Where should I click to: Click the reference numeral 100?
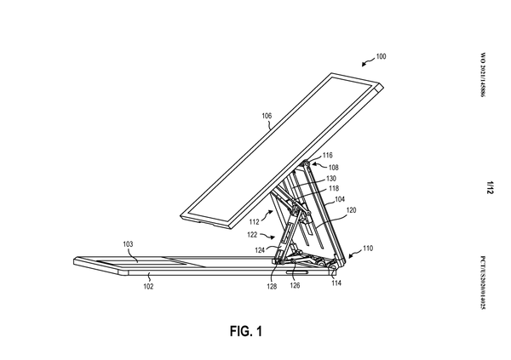click(x=380, y=57)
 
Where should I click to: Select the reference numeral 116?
click(x=328, y=155)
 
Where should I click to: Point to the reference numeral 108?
click(x=334, y=168)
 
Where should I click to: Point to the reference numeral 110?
click(x=367, y=250)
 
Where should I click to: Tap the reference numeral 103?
click(x=127, y=244)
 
